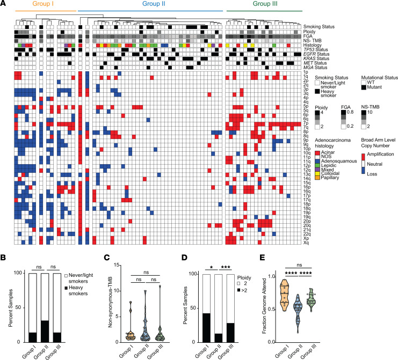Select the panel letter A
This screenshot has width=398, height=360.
tap(3, 3)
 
